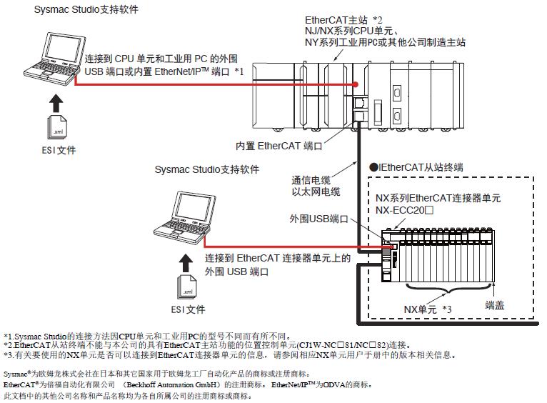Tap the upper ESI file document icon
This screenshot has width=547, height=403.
[58, 127]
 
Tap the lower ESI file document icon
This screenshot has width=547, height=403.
[185, 287]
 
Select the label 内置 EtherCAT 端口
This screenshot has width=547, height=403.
[279, 146]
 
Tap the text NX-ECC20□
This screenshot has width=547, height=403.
[405, 212]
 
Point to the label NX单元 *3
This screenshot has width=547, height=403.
[428, 308]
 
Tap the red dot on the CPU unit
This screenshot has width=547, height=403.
[354, 84]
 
